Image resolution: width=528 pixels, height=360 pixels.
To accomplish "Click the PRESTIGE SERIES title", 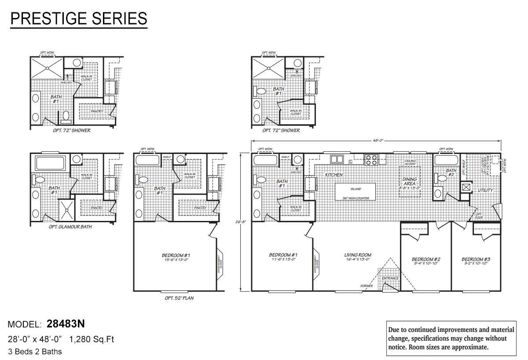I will click(78, 18).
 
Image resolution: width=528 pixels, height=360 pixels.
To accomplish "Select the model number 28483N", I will click(66, 324).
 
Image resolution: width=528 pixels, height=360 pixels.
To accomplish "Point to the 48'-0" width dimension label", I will click(378, 140).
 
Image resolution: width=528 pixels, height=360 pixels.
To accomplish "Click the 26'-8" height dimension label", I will click(241, 222).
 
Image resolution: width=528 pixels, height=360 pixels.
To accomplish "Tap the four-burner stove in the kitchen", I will click(370, 159).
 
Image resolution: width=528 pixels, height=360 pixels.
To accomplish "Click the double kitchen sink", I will click(337, 159).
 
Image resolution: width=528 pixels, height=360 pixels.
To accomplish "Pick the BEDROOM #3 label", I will click(476, 259).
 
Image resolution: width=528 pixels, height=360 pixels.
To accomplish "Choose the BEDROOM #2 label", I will click(426, 259).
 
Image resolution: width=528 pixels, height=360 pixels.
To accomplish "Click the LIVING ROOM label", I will click(358, 255).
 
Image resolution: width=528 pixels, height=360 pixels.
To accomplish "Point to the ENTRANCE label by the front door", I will click(390, 278).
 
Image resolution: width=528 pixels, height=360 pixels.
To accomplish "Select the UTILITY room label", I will click(485, 190).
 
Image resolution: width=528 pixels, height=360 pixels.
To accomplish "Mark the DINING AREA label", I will click(410, 181).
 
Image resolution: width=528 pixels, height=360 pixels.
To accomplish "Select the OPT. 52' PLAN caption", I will click(179, 298).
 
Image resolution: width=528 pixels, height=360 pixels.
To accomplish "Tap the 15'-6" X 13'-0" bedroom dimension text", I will click(176, 260).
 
